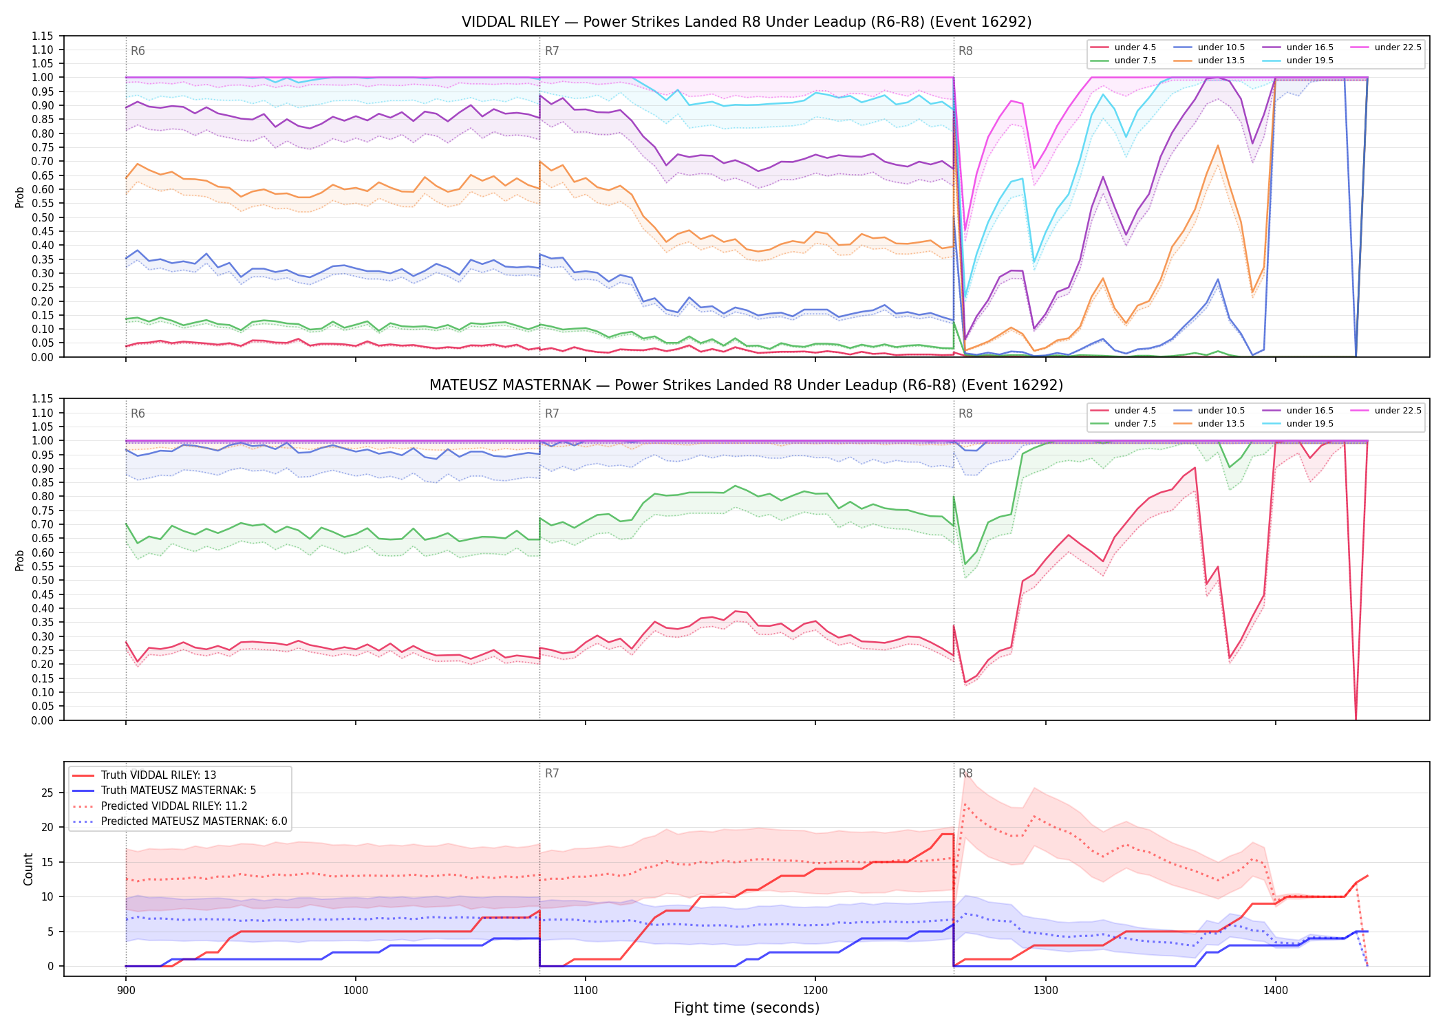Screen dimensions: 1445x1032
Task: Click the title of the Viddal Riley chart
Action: [747, 22]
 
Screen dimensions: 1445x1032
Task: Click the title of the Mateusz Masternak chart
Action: [747, 385]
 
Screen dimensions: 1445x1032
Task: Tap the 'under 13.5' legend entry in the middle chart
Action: [1209, 424]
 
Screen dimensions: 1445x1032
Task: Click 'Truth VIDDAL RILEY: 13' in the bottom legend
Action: [144, 775]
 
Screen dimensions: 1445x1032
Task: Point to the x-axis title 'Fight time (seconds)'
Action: [747, 1008]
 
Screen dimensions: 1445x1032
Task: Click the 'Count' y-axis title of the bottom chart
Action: [28, 869]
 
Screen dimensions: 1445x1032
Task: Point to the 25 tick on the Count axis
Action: [47, 793]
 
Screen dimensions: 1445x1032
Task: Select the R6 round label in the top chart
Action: [138, 51]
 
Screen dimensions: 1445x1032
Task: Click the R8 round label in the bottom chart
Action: [965, 773]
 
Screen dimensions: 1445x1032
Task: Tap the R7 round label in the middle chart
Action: [552, 413]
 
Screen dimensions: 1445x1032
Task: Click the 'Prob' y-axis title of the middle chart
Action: [20, 560]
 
